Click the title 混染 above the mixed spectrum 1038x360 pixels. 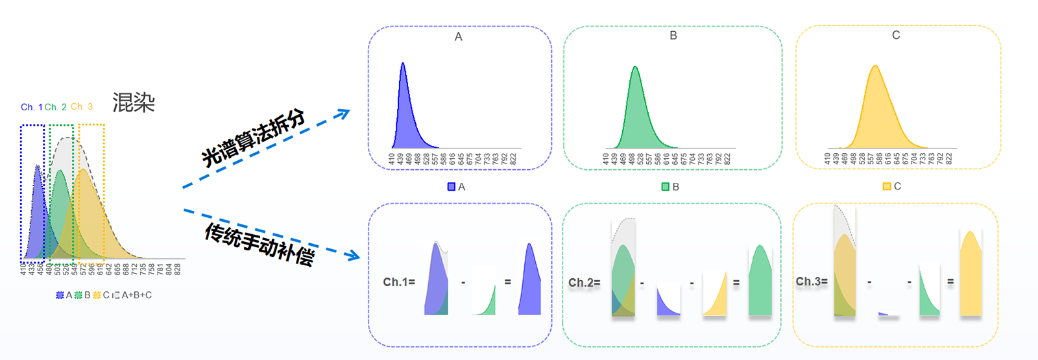[134, 102]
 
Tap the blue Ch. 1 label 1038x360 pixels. [31, 107]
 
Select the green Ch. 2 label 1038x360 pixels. [56, 107]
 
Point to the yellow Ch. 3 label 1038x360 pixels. [82, 106]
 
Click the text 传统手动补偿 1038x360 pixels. [259, 244]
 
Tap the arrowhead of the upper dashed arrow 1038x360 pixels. [344, 114]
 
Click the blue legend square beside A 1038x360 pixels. [452, 187]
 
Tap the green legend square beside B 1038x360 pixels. [665, 187]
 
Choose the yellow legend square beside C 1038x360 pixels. [887, 186]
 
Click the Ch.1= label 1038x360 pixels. [399, 282]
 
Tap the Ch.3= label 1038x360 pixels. [812, 282]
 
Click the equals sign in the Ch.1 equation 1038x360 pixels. [508, 282]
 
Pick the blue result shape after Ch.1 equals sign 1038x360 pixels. [530, 285]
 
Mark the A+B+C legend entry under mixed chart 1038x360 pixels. [136, 295]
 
